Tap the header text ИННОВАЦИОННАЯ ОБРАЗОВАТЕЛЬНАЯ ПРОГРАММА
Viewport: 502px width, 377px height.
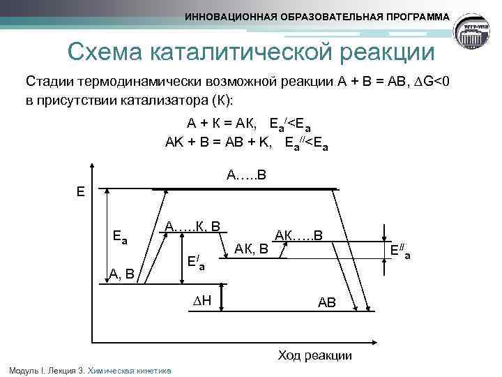pyautogui.click(x=317, y=16)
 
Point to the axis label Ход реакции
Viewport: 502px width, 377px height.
pyautogui.click(x=314, y=355)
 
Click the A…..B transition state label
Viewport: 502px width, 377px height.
pyautogui.click(x=246, y=173)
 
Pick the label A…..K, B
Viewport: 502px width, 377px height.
pyautogui.click(x=192, y=226)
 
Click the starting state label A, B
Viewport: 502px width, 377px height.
pyautogui.click(x=125, y=274)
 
